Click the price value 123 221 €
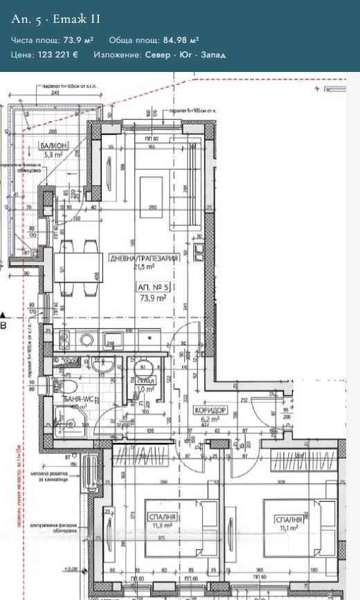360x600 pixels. (57, 55)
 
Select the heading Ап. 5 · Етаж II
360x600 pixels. (55, 19)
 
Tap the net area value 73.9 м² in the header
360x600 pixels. (78, 41)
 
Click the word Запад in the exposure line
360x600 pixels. (213, 55)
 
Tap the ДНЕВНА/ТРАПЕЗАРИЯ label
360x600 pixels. (144, 258)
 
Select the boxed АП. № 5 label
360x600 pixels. (153, 287)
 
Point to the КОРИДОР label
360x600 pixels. (208, 410)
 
